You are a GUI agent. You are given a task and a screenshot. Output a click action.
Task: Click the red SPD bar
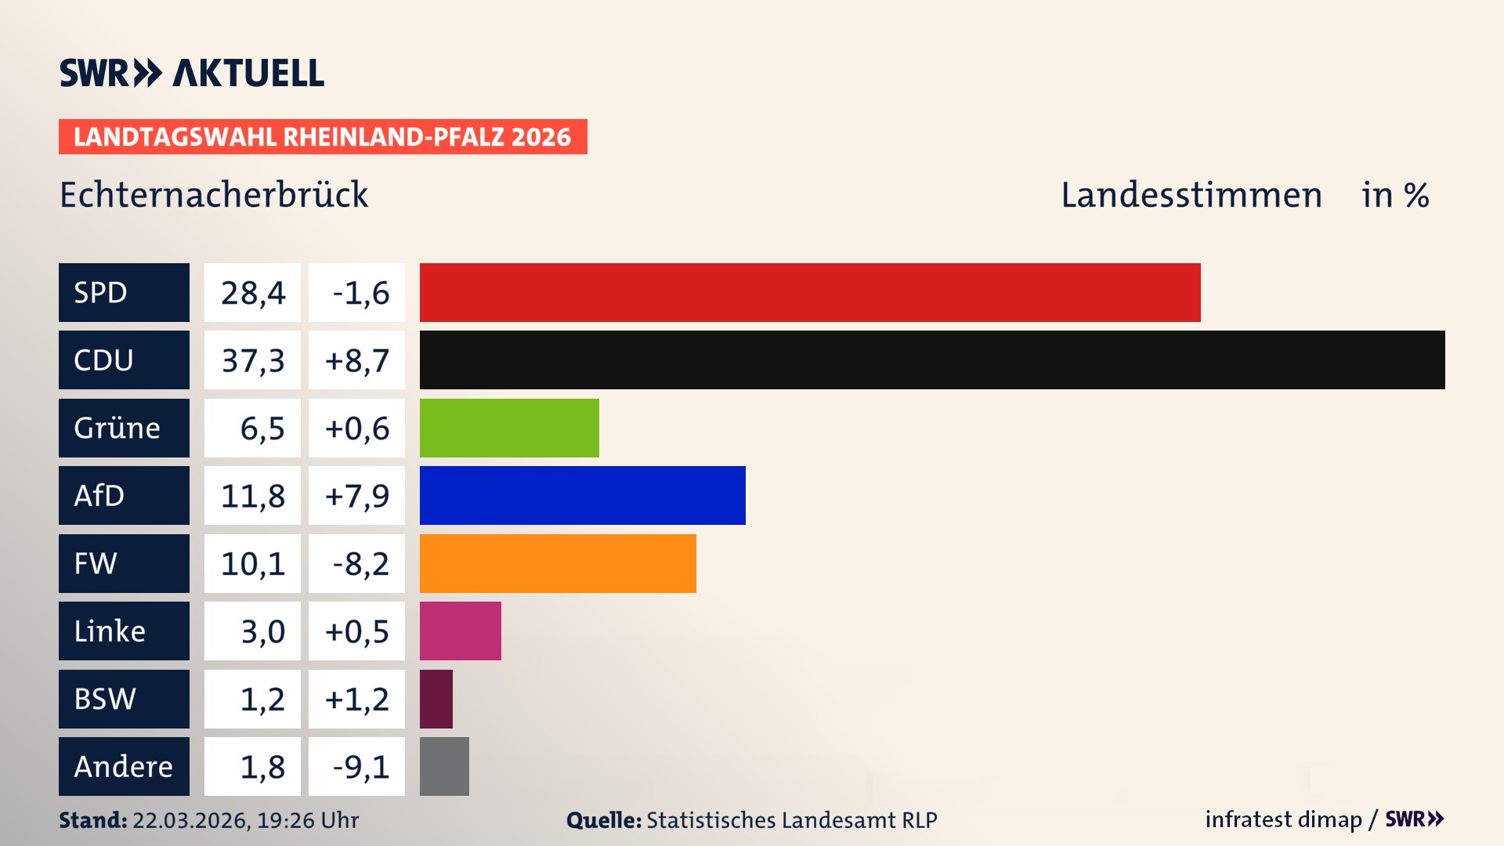(x=809, y=292)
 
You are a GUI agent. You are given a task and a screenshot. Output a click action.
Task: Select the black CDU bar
(x=932, y=360)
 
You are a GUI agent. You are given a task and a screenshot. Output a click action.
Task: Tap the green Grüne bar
(x=509, y=428)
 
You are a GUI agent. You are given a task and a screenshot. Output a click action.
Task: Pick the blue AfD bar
(x=582, y=495)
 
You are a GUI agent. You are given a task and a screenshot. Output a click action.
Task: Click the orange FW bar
(x=558, y=563)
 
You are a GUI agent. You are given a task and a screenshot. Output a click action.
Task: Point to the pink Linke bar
(x=460, y=631)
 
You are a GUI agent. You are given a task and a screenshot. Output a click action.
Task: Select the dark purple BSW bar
(x=436, y=699)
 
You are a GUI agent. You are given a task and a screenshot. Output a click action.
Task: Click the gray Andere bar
(x=444, y=766)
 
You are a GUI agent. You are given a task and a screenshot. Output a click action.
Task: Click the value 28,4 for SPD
(x=252, y=292)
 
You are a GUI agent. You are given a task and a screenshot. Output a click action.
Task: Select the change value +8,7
(x=356, y=360)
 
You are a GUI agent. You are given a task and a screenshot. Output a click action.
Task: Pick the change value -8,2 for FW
(x=360, y=563)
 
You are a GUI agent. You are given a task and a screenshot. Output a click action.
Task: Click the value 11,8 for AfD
(x=252, y=495)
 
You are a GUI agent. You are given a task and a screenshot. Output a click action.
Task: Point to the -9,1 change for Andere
(x=360, y=766)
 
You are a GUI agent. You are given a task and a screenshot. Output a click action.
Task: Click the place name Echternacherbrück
(x=214, y=195)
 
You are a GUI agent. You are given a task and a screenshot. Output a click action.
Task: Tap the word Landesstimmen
(x=1191, y=195)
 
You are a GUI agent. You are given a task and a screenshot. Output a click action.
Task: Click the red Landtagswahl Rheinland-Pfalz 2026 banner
(x=323, y=136)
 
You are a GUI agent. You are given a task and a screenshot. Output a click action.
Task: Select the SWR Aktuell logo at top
(x=192, y=73)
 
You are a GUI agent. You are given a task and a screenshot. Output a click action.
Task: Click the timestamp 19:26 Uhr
(x=307, y=820)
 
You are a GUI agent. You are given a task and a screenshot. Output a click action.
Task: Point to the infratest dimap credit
(x=1282, y=819)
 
